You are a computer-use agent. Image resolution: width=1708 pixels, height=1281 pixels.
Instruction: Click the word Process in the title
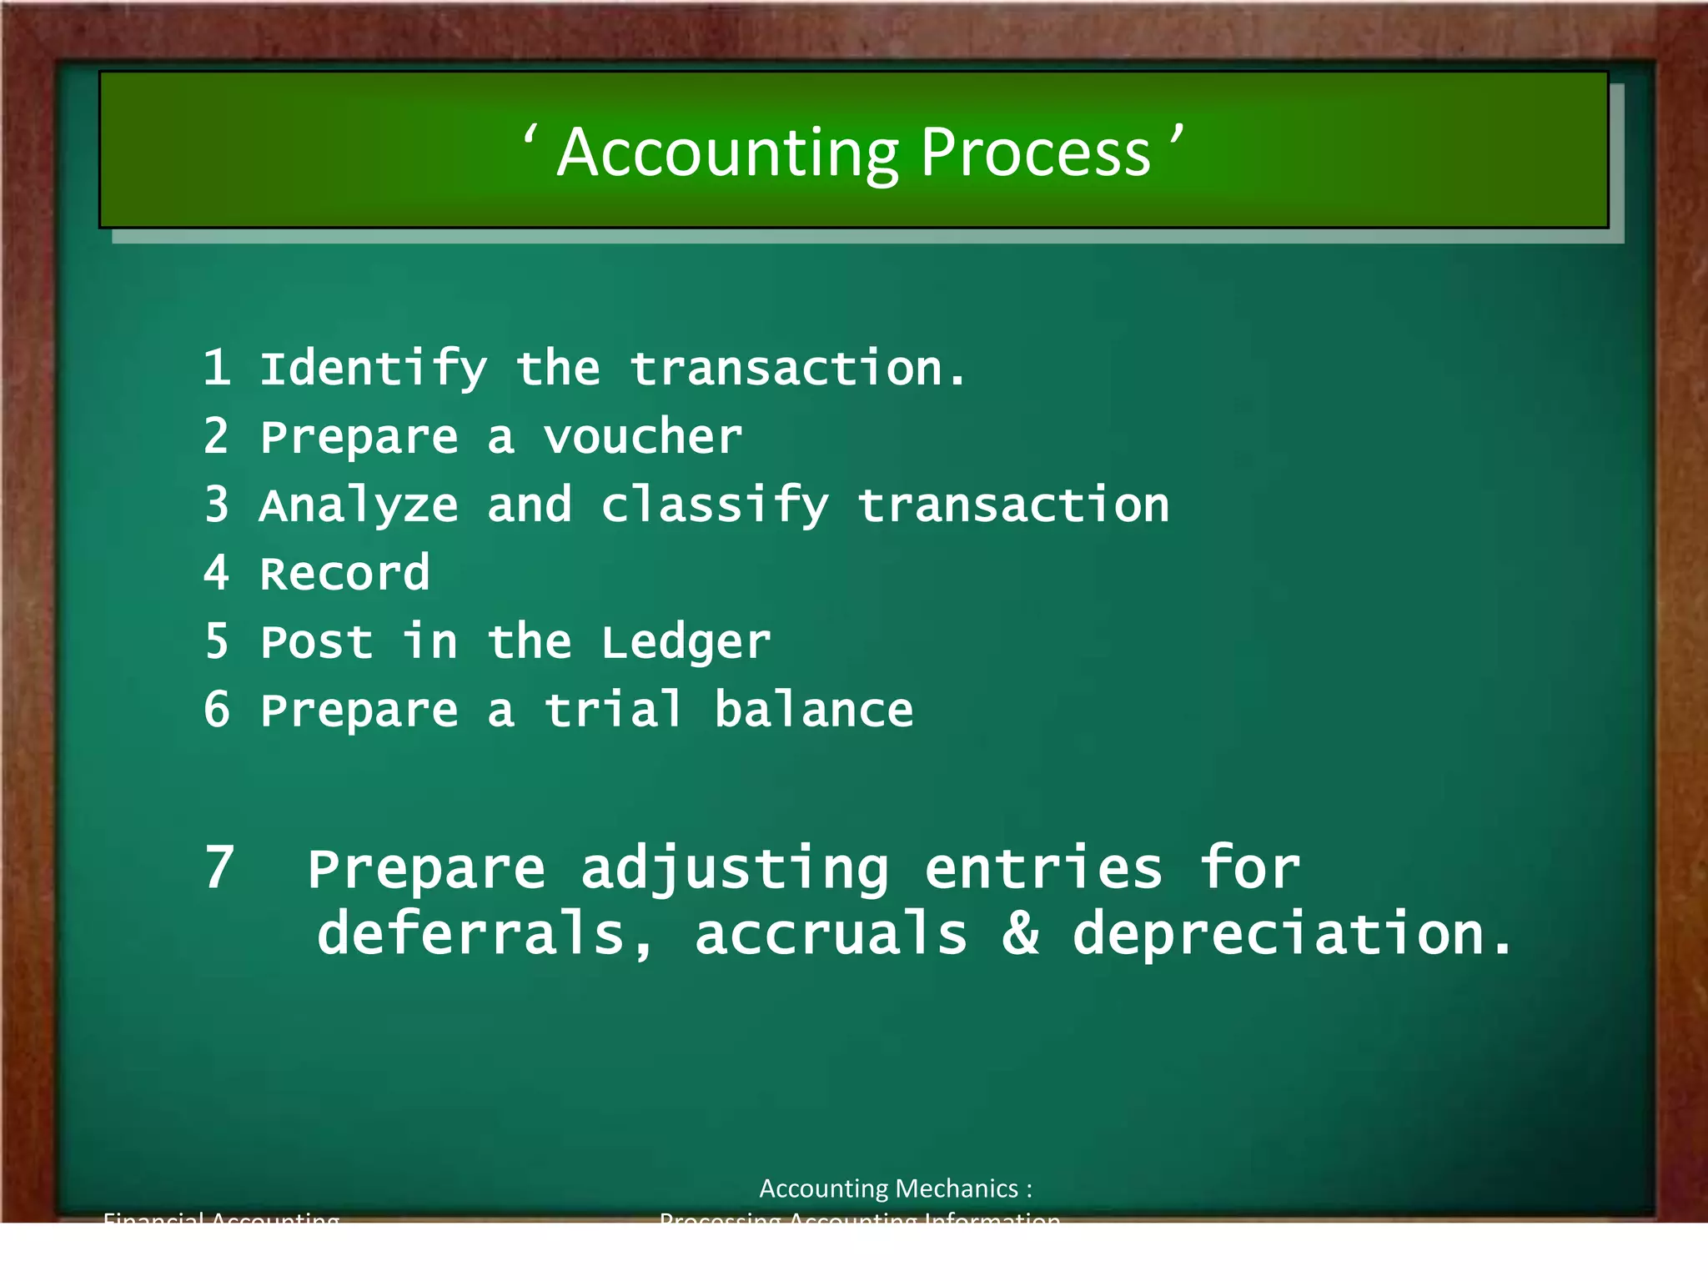point(1036,153)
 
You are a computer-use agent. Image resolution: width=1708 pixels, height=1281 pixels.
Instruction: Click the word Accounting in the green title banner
point(728,153)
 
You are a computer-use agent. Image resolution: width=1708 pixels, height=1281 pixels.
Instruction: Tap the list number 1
point(217,368)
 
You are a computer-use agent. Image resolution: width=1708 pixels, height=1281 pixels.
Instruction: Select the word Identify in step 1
point(373,369)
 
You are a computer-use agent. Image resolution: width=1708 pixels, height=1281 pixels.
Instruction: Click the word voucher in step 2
point(642,437)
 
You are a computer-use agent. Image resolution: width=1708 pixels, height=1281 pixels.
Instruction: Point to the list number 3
point(217,505)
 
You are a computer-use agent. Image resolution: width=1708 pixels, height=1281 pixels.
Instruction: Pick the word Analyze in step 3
point(359,506)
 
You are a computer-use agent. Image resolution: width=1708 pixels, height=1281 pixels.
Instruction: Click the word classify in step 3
point(715,506)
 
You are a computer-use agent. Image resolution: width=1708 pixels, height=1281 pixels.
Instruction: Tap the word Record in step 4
point(344,574)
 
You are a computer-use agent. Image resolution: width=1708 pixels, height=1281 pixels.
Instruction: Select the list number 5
point(217,641)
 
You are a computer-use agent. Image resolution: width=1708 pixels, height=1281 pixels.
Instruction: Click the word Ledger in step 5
point(686,643)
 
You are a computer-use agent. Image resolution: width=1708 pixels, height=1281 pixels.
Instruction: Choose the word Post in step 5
point(316,643)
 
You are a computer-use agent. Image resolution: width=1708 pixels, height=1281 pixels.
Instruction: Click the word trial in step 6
point(614,710)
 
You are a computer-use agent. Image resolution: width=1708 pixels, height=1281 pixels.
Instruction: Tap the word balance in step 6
point(813,710)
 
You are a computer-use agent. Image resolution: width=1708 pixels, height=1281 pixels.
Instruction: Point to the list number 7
point(219,868)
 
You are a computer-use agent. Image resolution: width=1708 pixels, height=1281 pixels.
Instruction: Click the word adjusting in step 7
point(735,870)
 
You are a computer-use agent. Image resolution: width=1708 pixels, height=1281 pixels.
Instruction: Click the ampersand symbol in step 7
point(1021,933)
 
